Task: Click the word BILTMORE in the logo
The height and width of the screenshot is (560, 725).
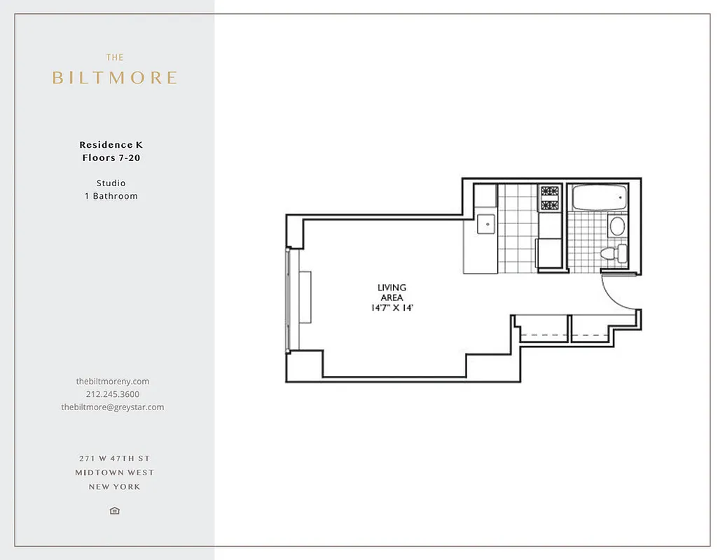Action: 115,78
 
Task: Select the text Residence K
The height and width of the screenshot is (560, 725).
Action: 111,145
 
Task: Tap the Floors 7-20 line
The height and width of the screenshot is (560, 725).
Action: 111,158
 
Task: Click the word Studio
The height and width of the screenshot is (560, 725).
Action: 111,183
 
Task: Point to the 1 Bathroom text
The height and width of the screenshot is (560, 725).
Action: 111,196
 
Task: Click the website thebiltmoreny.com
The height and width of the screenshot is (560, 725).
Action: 113,381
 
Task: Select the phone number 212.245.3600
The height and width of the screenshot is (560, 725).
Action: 113,394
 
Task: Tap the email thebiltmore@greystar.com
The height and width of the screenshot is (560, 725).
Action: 113,407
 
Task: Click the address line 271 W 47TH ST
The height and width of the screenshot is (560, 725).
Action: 115,458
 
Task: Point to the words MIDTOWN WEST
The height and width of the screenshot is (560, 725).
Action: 115,472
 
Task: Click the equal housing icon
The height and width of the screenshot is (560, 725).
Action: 115,511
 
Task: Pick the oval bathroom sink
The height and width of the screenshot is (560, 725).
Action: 617,225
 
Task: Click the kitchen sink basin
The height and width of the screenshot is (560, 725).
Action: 486,225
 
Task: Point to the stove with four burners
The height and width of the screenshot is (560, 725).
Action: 548,197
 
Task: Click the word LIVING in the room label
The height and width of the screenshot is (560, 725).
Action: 392,288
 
